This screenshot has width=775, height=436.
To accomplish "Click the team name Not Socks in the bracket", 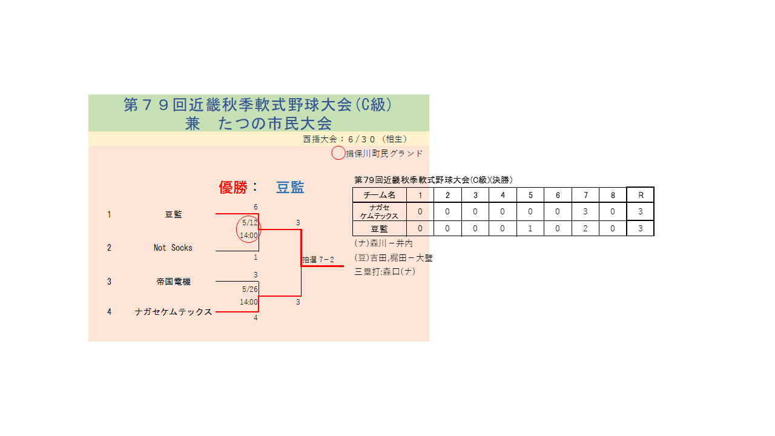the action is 173,248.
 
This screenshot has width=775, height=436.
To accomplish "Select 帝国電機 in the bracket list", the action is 173,282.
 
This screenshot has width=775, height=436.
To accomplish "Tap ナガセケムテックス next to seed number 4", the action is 173,312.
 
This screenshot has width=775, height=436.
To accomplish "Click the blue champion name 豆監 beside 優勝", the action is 290,188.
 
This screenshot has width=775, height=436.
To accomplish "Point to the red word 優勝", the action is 233,188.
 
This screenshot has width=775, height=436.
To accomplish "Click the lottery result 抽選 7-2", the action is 318,260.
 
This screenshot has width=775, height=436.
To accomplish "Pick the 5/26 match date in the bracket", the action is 250,289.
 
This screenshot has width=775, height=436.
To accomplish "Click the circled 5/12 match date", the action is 250,222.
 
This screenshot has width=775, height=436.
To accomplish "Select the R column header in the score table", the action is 641,195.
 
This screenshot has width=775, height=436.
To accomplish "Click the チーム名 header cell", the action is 379,195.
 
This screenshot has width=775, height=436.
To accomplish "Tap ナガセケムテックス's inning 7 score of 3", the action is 585,211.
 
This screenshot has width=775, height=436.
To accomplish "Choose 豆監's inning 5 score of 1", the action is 530,228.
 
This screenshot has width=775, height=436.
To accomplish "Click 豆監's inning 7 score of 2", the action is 585,228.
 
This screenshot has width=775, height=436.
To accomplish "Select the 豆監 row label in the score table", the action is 379,229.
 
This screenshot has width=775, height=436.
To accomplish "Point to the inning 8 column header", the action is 613,195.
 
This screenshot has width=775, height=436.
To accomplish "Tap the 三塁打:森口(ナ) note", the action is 384,272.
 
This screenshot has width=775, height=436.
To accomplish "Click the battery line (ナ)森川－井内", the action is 384,243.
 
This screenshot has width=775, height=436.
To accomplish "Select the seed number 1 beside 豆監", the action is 110,214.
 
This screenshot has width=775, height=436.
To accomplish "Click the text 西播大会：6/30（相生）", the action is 355,139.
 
